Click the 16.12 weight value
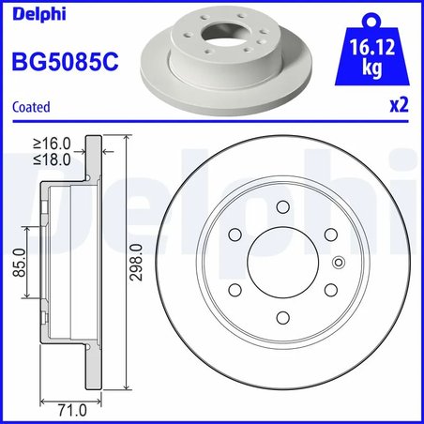click(x=370, y=47)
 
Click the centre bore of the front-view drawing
click(x=280, y=262)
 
